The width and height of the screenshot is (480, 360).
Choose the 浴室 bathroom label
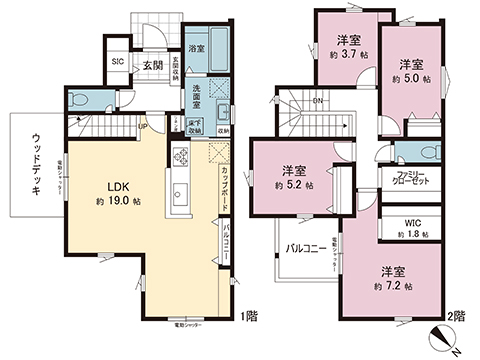197,48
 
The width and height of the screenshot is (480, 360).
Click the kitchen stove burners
181,156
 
